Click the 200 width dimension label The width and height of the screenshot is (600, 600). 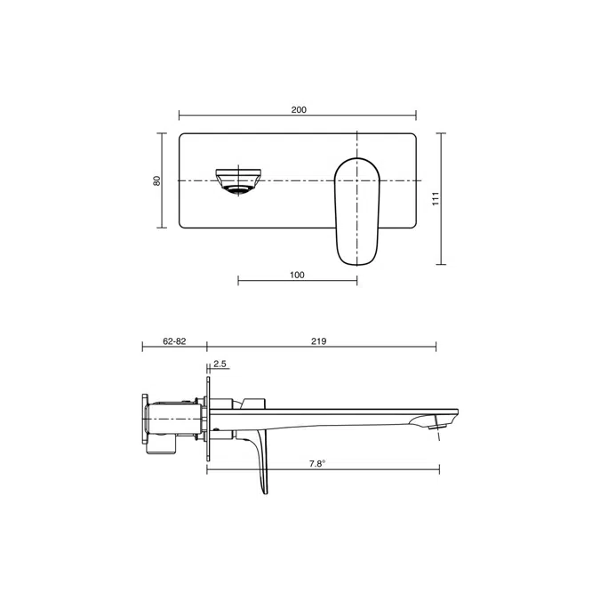point(299,110)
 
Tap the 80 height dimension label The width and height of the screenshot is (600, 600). point(156,180)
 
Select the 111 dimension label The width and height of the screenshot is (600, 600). point(436,199)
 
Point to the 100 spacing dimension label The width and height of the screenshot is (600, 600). point(297,275)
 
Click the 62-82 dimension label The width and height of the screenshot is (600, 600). point(174,341)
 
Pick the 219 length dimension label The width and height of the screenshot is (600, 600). point(318,341)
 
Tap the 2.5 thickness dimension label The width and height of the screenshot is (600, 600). point(220,364)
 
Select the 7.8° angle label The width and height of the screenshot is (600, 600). point(316,464)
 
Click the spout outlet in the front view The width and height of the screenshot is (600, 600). point(238,181)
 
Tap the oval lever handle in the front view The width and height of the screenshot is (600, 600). point(357,212)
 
